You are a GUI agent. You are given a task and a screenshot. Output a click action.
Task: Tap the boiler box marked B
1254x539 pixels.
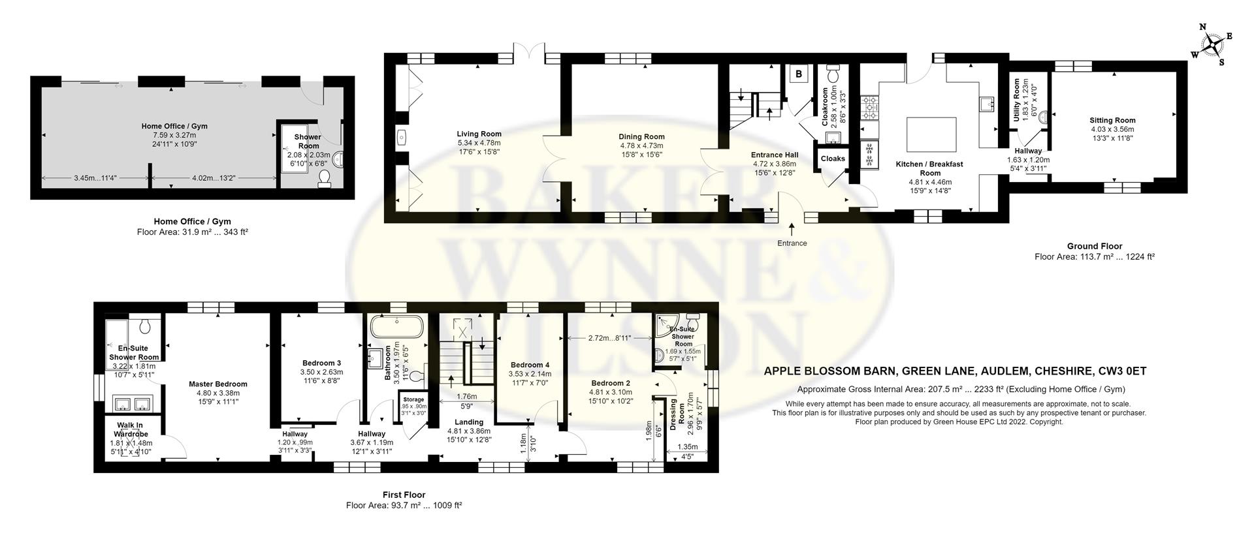point(798,74)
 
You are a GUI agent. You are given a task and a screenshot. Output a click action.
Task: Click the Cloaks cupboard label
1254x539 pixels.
point(833,159)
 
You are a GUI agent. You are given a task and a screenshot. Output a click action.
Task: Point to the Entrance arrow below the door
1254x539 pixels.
point(792,229)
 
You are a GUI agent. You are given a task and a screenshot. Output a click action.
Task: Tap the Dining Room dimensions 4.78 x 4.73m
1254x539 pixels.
point(641,146)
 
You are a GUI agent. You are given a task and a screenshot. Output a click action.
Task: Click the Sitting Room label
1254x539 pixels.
point(1112,120)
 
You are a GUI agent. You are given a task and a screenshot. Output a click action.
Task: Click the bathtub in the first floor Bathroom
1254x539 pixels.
point(397,327)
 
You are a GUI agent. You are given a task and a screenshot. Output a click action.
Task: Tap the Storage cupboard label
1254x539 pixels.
point(413,399)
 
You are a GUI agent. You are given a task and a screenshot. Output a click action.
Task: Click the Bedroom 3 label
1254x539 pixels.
point(321,363)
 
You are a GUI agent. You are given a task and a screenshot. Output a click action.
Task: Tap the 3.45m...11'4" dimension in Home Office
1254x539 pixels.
point(95,177)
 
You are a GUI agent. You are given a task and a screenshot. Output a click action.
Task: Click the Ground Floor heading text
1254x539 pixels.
point(1095,246)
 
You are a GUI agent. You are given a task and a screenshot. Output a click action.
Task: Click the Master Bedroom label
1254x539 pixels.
point(218,384)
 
